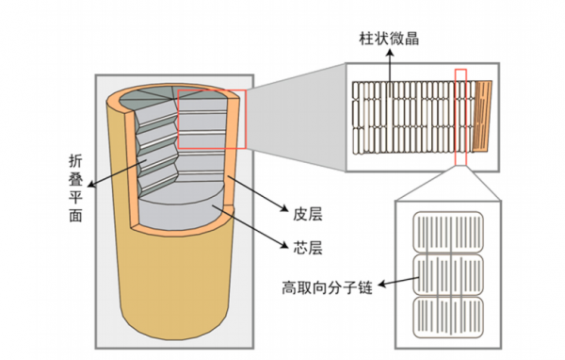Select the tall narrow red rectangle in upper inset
click(460, 114)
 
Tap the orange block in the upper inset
click(483, 116)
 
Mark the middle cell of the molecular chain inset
click(448, 273)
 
